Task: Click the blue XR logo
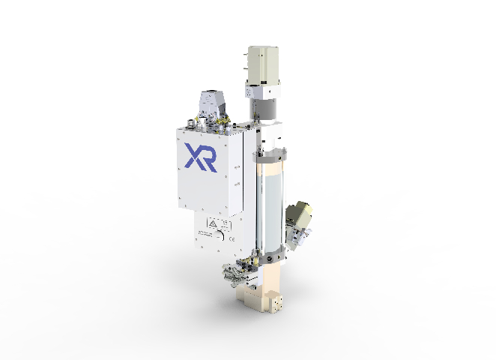click(201, 157)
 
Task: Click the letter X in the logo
click(193, 157)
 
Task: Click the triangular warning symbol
click(212, 223)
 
